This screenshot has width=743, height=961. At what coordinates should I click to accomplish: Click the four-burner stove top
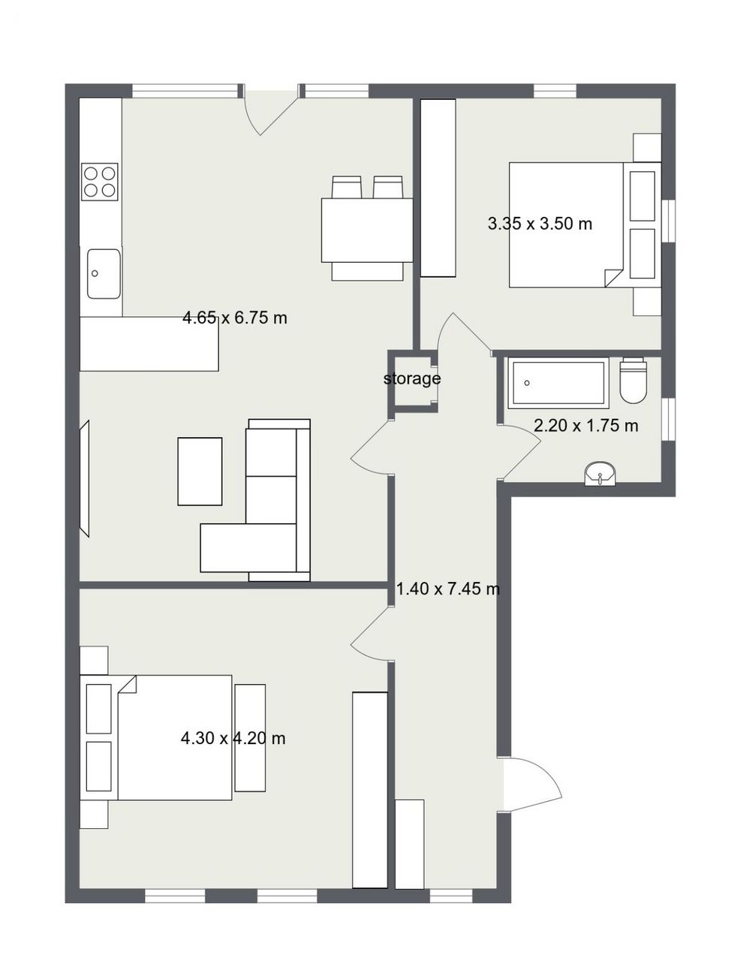[x=100, y=182]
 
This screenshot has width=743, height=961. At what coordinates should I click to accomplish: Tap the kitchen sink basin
[x=104, y=273]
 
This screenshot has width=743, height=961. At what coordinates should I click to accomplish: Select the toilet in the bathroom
[x=632, y=380]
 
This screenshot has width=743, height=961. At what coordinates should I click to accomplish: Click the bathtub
[x=558, y=383]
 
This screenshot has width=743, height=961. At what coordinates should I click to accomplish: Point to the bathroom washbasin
[x=600, y=474]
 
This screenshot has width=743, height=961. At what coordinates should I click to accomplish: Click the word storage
[x=411, y=378]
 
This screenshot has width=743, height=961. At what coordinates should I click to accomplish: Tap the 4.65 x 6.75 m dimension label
[x=235, y=318]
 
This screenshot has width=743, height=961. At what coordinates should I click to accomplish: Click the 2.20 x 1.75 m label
[x=585, y=426]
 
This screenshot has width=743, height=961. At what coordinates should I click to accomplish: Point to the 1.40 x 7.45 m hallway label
[x=448, y=589]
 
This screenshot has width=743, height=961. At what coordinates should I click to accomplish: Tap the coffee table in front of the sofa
[x=200, y=471]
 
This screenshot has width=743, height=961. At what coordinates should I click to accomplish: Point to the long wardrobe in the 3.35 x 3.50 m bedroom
[x=438, y=188]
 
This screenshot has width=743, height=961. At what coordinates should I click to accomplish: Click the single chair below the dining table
[x=367, y=271]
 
